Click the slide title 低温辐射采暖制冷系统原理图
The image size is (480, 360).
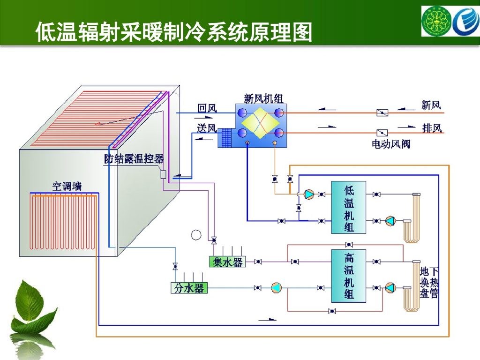point(174,32)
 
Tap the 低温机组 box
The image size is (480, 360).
point(349,208)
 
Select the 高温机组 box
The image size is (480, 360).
point(349,276)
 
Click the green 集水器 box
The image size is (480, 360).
point(227,262)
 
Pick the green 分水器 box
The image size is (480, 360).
point(188,288)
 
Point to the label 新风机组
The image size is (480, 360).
point(263,98)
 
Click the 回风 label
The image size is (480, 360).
point(207,108)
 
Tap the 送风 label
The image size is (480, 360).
point(207,127)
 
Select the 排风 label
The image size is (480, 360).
point(432,127)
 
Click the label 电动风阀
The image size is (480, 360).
point(391,144)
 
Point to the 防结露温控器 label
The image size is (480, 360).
point(134,159)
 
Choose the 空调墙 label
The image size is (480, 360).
point(67,186)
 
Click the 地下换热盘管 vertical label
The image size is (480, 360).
point(429,282)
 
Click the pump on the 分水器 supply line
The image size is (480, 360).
point(276,288)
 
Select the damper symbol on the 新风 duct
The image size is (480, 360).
point(382,112)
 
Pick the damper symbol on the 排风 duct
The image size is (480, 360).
point(382,133)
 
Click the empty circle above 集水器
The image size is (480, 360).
point(195,234)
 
